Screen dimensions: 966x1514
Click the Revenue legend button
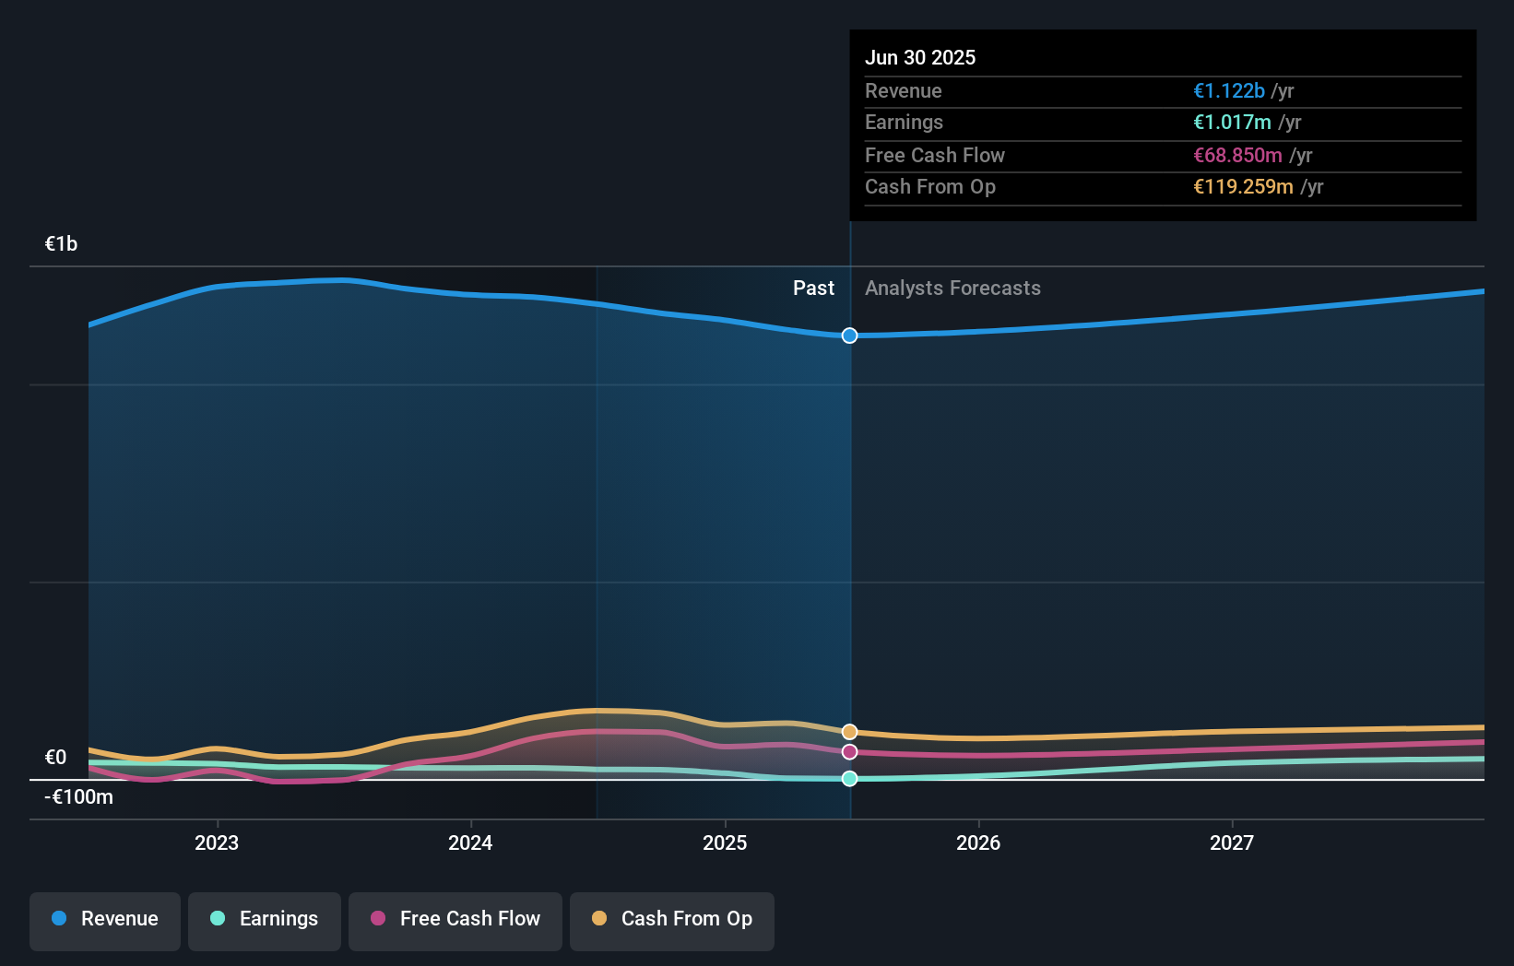pos(105,919)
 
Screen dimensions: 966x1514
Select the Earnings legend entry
pos(265,919)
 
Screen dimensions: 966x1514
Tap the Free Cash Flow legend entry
pos(455,919)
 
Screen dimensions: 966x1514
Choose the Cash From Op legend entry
pos(672,919)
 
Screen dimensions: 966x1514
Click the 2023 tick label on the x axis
pos(217,842)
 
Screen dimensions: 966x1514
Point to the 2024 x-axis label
pos(470,842)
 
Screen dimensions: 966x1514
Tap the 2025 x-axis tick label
pos(725,842)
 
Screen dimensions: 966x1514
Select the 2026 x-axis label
pos(978,842)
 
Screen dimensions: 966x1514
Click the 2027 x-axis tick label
pos(1232,842)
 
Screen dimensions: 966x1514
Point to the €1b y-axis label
pos(62,243)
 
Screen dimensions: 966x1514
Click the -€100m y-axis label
pos(78,796)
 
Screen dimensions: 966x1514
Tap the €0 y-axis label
pos(55,757)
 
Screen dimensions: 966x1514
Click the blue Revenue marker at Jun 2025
pos(849,336)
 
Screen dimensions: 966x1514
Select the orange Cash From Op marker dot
pos(849,732)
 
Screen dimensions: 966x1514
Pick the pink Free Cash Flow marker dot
pos(849,752)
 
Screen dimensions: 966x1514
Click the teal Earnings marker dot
pos(849,779)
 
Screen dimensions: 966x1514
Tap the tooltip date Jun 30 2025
pos(919,57)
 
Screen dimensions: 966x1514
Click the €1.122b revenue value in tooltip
pos(1228,90)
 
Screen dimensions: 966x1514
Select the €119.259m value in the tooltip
pos(1243,186)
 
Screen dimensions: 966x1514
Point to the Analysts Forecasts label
pos(952,288)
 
